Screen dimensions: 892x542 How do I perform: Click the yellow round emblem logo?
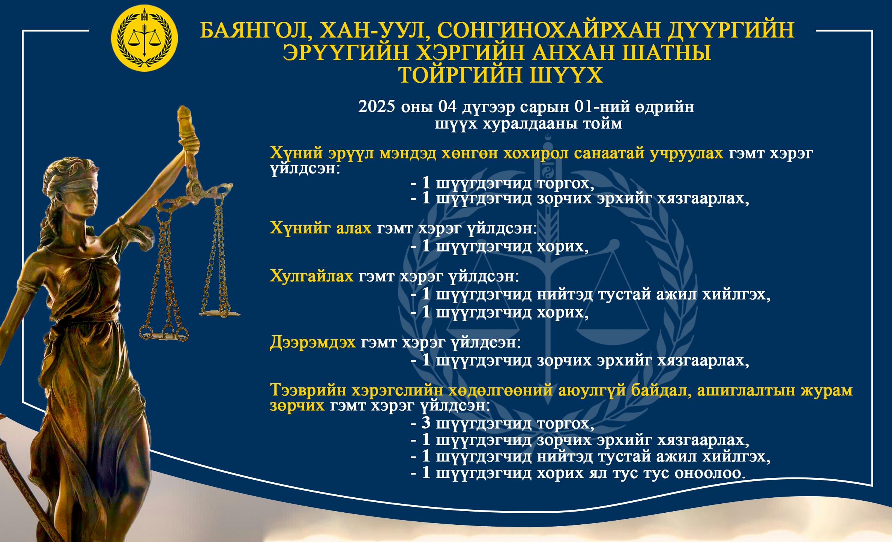(144, 38)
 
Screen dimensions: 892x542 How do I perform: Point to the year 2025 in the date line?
(377, 107)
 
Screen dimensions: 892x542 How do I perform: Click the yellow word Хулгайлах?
(311, 276)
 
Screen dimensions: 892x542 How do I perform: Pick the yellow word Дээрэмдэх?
(312, 342)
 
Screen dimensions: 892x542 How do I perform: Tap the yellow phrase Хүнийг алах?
(320, 228)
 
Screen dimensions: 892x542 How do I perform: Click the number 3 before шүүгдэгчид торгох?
(426, 423)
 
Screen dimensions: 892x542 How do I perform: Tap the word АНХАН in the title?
(573, 53)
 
